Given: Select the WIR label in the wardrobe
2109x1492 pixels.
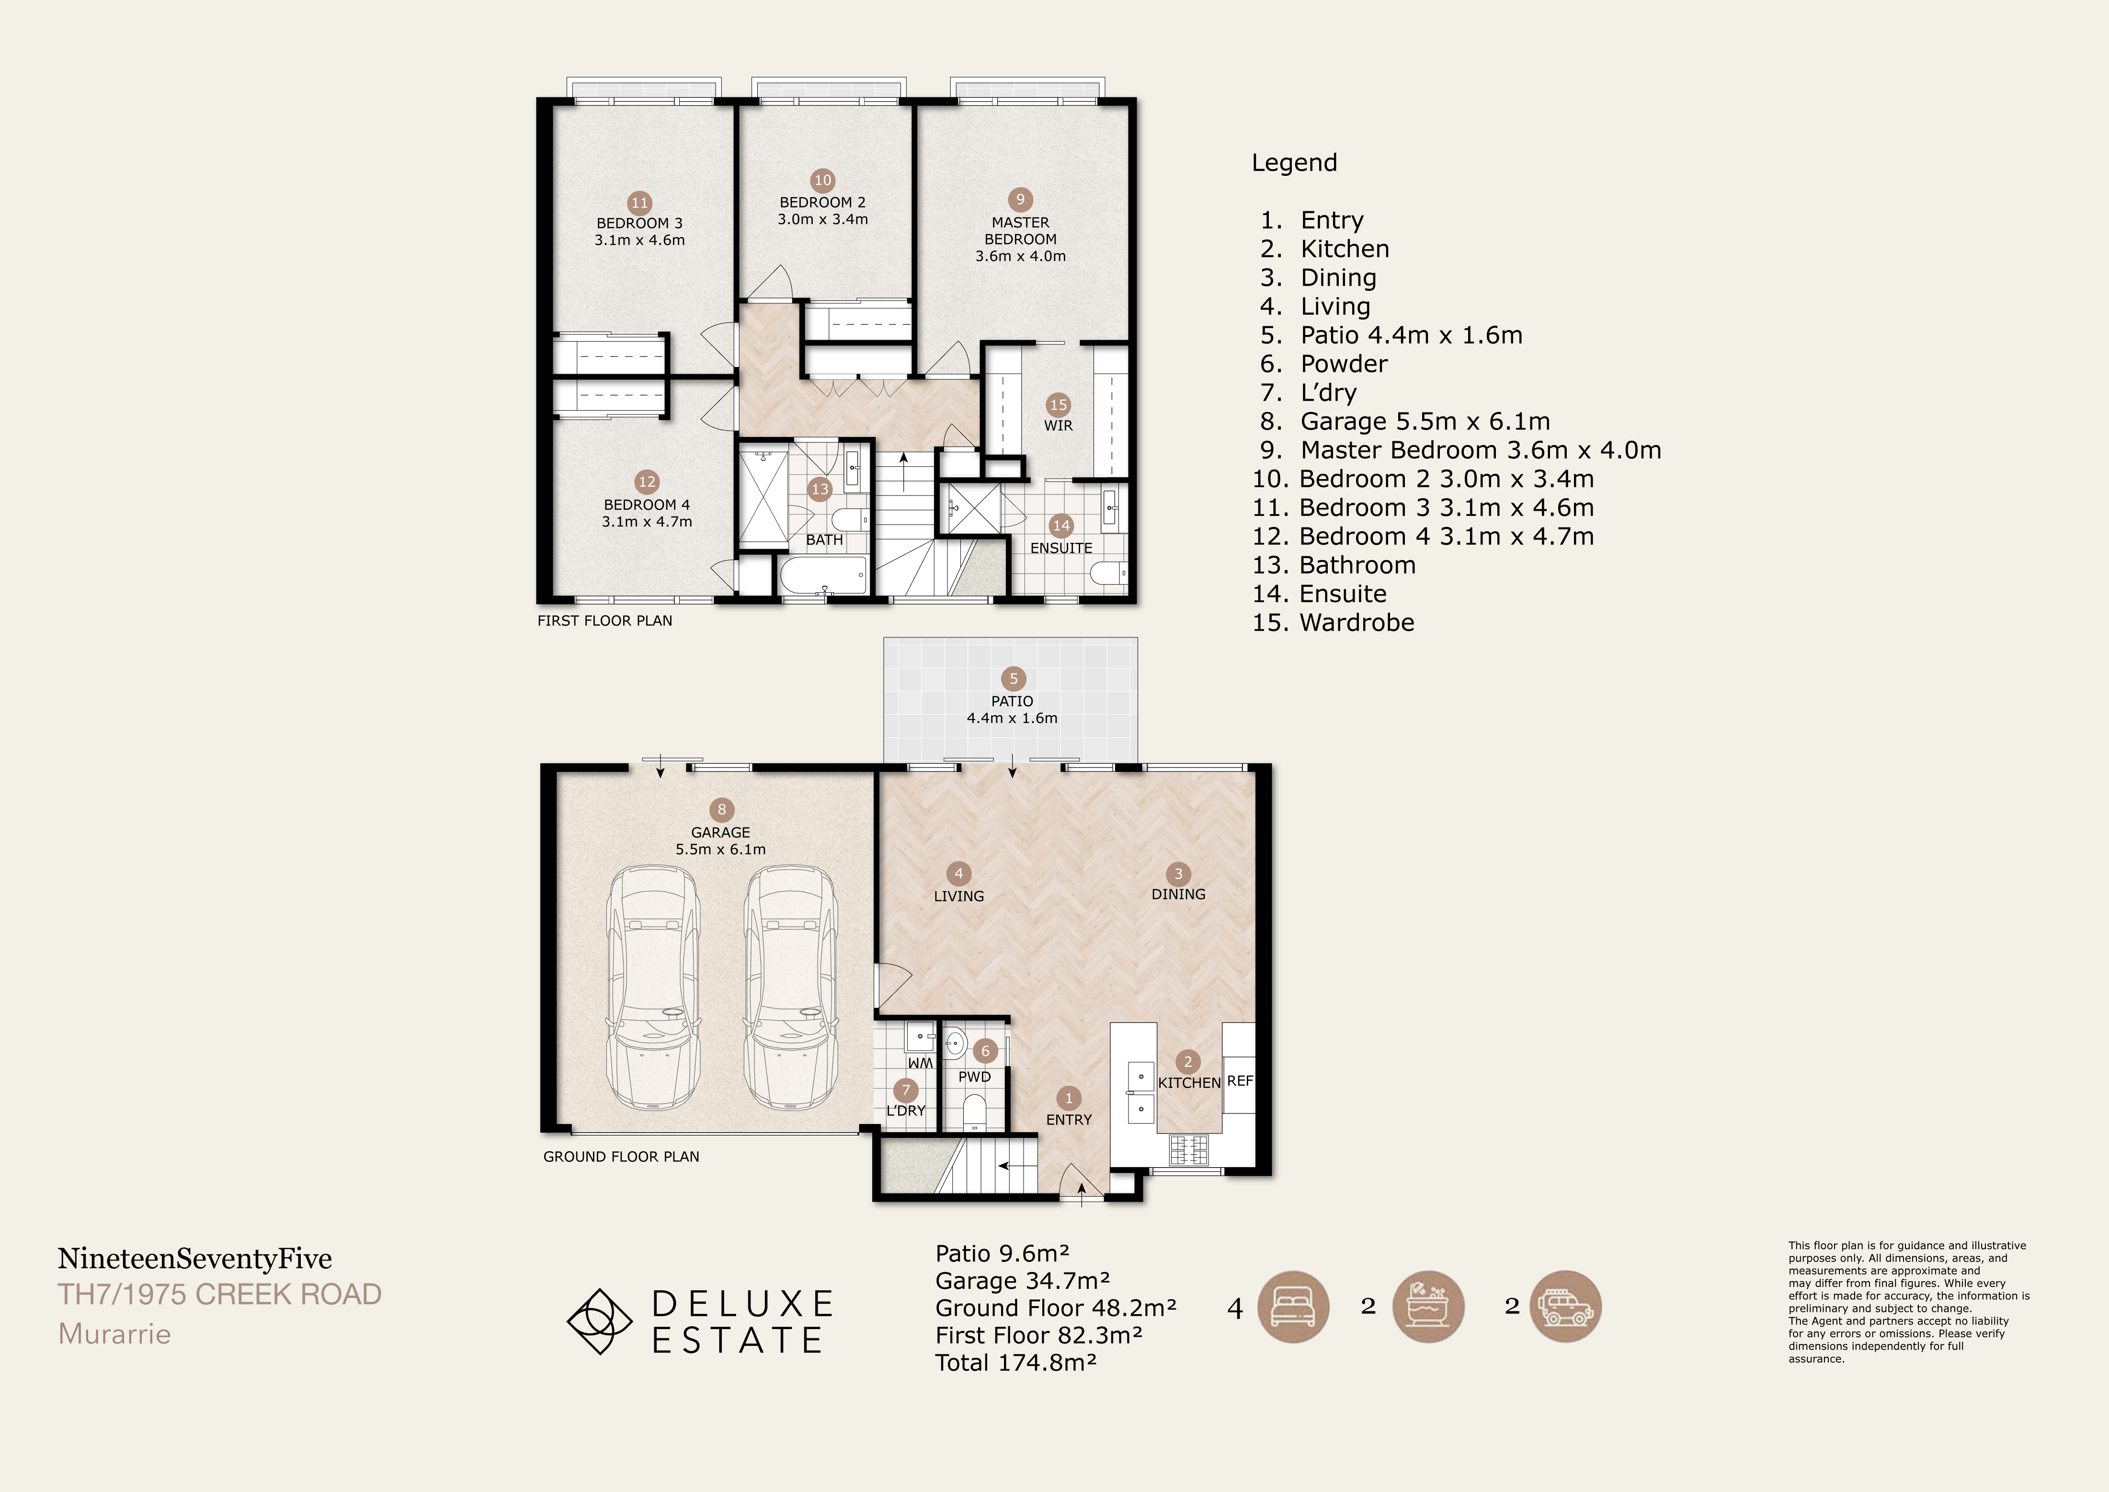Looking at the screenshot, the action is [1058, 425].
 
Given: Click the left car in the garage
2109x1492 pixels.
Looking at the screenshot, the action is [653, 987].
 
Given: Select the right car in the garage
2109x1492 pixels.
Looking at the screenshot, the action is [790, 987].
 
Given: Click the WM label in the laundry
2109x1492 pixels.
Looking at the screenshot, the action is [921, 1063].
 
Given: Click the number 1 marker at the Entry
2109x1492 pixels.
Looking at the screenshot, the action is [1068, 1098].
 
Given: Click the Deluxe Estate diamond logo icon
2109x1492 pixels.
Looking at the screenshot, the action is [599, 1321].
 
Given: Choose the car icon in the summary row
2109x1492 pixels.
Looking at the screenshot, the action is [1565, 1307].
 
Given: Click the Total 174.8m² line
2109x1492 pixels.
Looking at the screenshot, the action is [1016, 1363].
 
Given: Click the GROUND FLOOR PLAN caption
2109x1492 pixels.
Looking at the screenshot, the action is [621, 1157].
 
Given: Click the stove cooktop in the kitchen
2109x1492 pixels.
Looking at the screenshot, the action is [1188, 1149].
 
